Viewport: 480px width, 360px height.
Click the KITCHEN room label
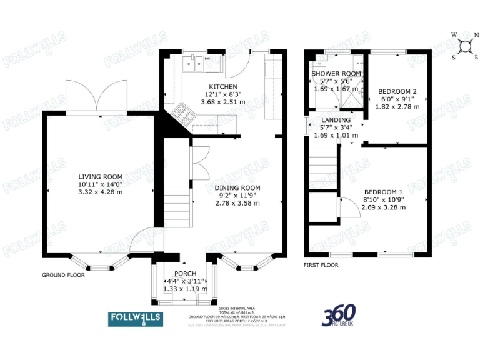[x=223, y=86]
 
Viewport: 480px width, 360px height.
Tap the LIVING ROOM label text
[x=100, y=177]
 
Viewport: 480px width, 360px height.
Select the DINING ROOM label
[x=237, y=187]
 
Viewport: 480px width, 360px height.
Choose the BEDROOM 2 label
[x=397, y=91]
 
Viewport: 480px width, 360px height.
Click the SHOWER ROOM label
[x=336, y=74]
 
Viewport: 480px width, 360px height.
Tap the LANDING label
[x=336, y=119]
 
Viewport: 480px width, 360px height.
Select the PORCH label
[x=186, y=274]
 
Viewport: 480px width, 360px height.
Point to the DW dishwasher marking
[x=207, y=59]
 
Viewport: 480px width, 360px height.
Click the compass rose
[x=466, y=45]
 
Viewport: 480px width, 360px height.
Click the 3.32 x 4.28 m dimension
[x=100, y=192]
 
